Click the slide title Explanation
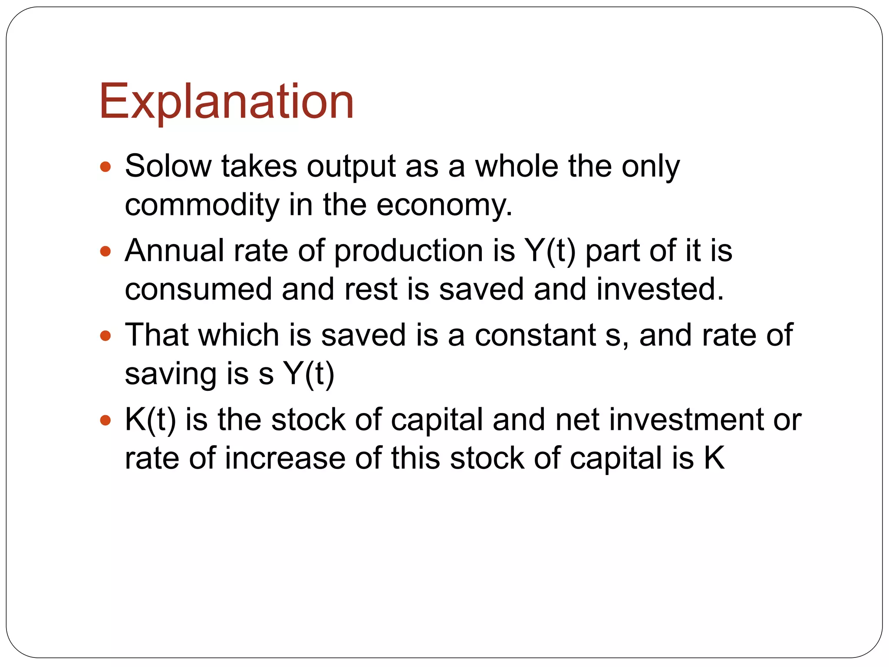(226, 102)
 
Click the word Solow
(168, 166)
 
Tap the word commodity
(202, 205)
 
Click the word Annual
(175, 251)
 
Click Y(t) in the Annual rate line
(550, 251)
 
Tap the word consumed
(198, 290)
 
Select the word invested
(660, 290)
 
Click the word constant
(535, 336)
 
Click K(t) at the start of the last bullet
(150, 420)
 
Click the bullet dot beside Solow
(105, 167)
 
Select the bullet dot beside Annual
(105, 251)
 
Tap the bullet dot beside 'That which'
(105, 336)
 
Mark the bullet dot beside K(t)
(105, 420)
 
